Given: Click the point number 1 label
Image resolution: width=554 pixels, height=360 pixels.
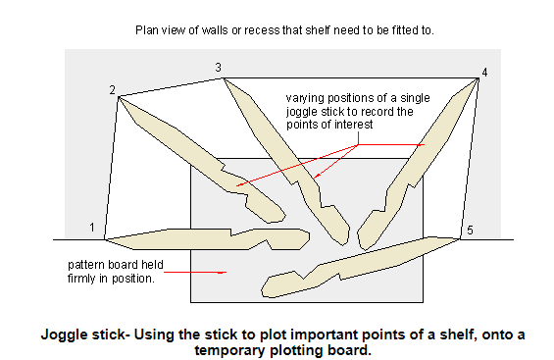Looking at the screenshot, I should [x=91, y=229].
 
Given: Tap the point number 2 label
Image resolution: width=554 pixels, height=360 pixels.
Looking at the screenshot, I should [x=113, y=90].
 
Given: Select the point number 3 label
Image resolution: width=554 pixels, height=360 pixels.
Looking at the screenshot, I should [x=218, y=67].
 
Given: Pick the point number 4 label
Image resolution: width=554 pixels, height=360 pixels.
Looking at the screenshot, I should [x=482, y=72].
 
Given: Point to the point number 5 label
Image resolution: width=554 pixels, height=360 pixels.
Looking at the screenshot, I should [x=469, y=231].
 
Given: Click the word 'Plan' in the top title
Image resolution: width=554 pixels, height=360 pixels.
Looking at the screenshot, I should [x=146, y=29].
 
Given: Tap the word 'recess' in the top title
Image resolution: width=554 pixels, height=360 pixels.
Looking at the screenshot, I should [x=265, y=29].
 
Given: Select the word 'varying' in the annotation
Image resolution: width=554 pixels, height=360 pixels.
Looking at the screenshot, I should [x=305, y=98].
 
